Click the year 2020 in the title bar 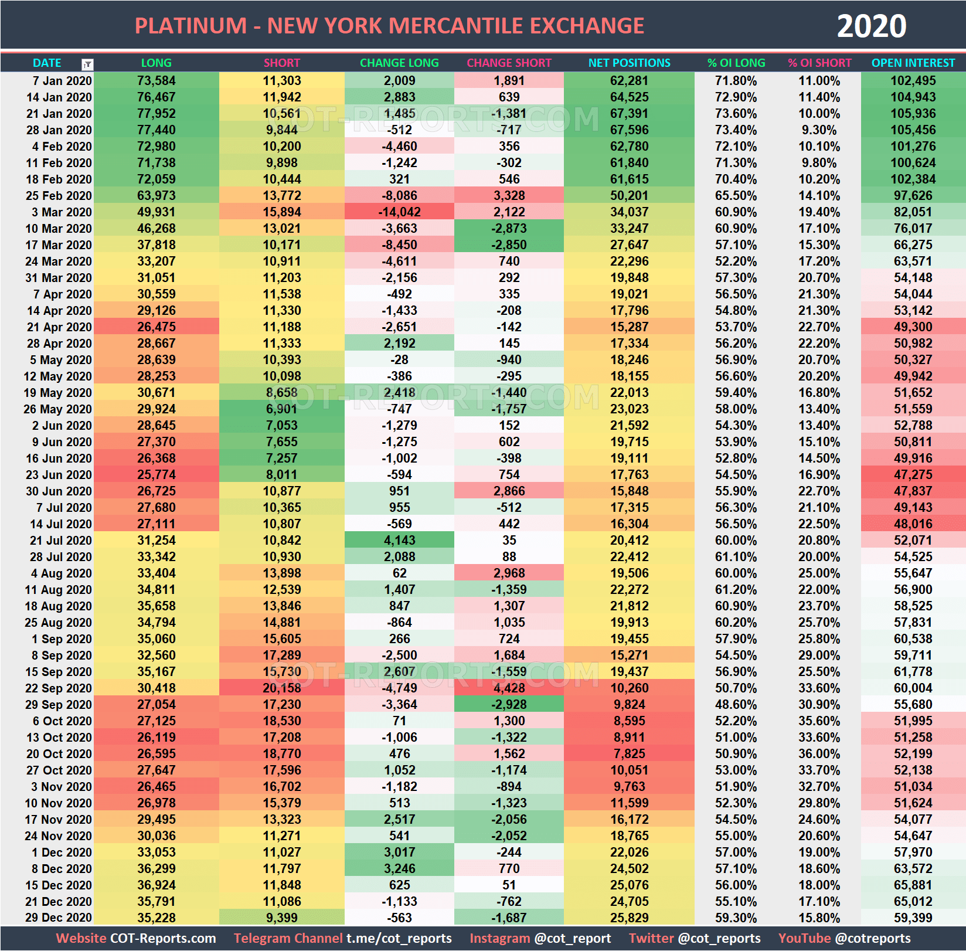point(871,26)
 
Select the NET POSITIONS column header point(629,63)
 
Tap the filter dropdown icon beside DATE point(87,64)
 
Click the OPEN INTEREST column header point(913,63)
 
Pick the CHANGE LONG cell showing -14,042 point(399,212)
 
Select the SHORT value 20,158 point(282,688)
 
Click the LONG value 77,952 point(156,114)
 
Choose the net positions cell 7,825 point(629,754)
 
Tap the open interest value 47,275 point(913,475)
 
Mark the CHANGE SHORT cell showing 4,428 point(509,688)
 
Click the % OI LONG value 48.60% point(736,705)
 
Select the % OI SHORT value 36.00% point(819,754)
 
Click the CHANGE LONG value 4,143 point(399,541)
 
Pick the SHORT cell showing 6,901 point(282,409)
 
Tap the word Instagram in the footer point(499,938)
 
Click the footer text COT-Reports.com point(163,938)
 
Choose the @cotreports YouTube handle point(873,938)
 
